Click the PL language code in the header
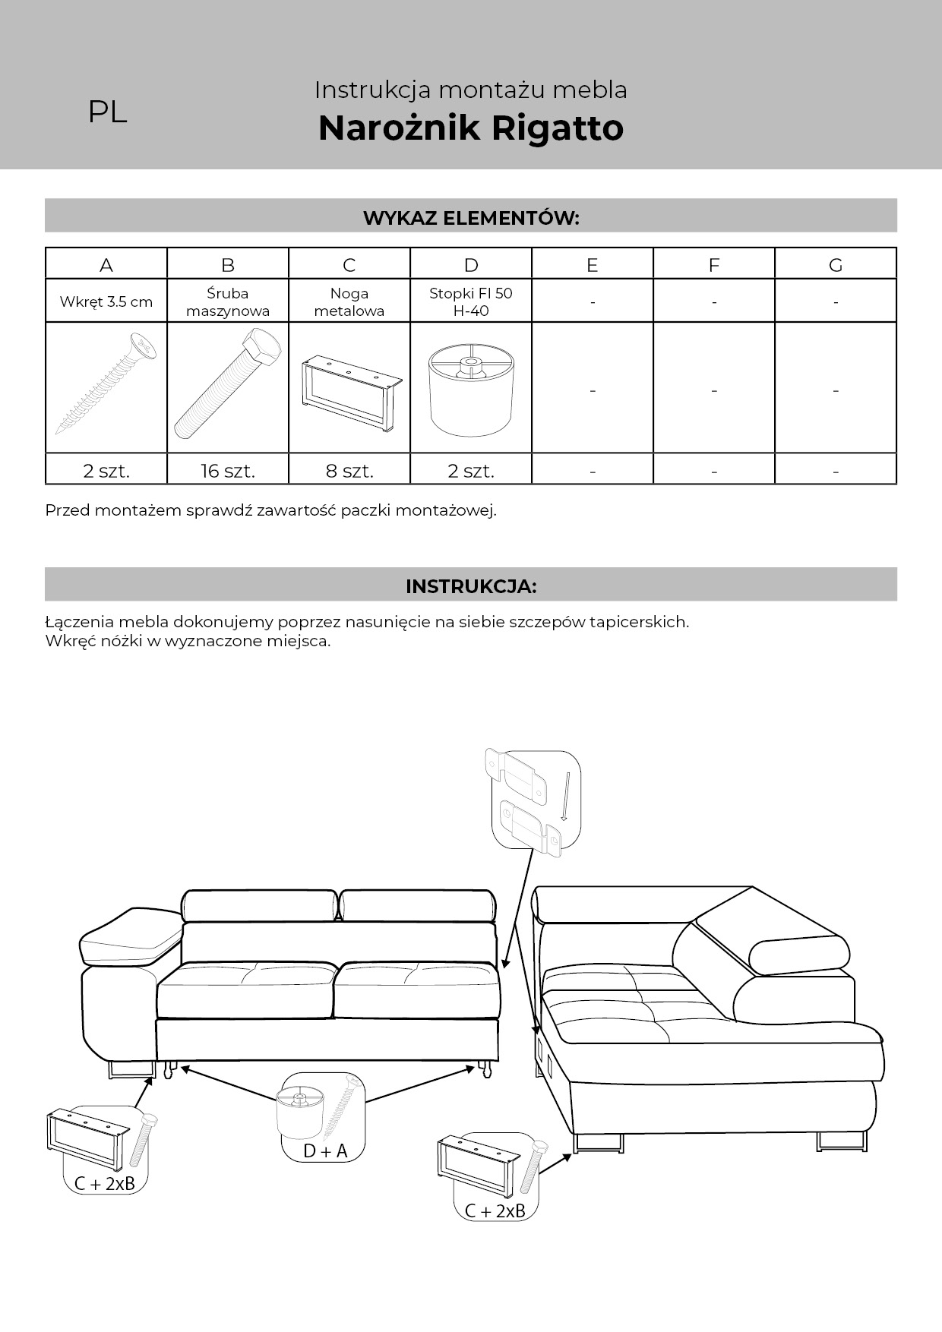107,112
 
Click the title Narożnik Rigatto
470,128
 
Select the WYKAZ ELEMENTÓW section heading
470,218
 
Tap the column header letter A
106,265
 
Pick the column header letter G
836,265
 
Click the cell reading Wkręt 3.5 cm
106,301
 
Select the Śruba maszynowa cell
228,301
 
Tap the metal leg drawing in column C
349,391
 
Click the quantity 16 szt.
228,471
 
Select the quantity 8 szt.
349,471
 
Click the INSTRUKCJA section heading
470,586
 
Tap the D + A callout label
325,1151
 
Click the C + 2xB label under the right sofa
495,1210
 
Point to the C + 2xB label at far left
105,1183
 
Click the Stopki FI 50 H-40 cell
470,301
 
